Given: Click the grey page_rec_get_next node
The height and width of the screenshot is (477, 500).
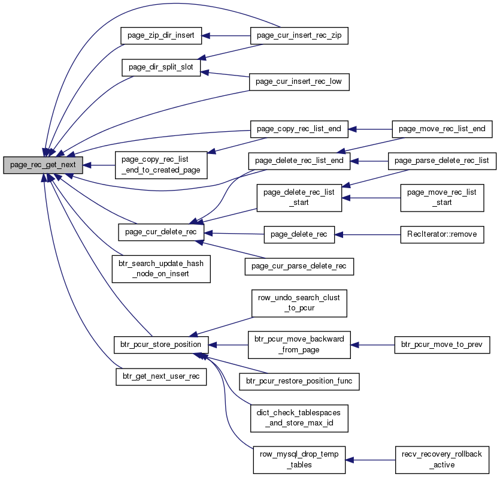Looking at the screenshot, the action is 43,165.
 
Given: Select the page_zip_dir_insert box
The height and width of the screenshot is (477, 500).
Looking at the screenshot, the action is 161,35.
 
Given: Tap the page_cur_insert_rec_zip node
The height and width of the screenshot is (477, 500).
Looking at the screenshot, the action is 299,35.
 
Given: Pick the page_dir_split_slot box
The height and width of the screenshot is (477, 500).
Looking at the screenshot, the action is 161,67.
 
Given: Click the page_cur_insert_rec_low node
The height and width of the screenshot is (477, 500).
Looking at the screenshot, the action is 299,82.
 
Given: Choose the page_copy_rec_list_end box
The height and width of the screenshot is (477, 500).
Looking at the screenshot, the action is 299,129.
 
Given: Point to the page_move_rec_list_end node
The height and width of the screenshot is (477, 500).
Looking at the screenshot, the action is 442,129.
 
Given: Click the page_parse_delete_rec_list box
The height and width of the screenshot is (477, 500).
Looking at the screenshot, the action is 442,161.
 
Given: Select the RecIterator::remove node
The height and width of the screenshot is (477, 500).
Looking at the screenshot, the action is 442,234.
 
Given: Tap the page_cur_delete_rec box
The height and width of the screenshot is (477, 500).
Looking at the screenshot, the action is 161,232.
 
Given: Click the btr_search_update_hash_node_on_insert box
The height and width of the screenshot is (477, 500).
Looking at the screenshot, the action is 161,268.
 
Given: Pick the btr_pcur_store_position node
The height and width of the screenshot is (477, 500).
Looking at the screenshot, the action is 161,345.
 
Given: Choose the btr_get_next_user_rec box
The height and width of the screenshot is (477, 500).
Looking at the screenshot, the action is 161,377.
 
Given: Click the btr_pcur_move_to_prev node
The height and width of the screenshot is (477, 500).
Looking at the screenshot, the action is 442,345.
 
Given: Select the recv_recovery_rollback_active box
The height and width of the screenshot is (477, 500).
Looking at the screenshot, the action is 442,460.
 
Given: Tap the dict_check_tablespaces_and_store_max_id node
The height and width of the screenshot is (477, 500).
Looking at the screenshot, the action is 299,418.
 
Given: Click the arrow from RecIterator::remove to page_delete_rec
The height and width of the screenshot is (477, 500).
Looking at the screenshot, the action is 367,235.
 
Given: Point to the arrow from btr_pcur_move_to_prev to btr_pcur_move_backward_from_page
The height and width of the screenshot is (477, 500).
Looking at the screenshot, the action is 372,345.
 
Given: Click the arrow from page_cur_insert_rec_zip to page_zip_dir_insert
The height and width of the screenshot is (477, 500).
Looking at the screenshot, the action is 226,36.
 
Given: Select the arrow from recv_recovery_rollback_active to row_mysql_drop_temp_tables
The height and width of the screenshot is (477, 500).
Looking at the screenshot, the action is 370,460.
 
